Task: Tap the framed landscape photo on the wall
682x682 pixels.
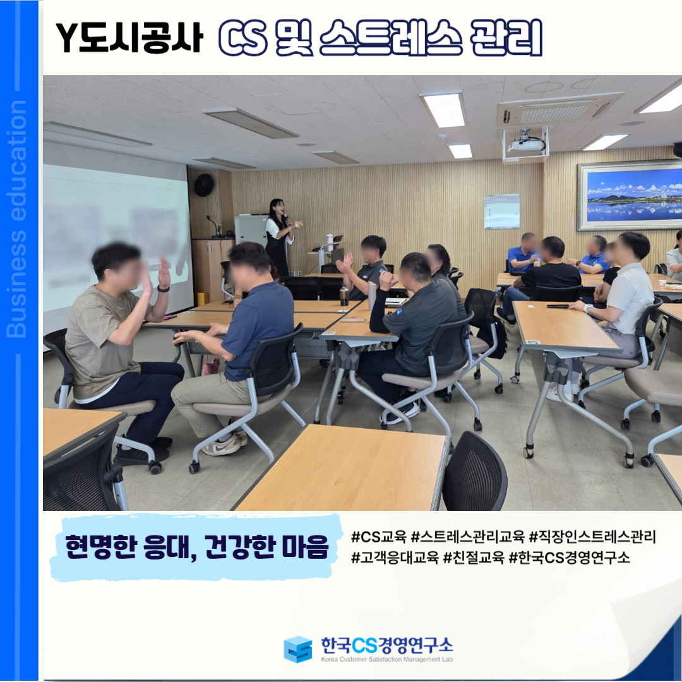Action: (x=630, y=196)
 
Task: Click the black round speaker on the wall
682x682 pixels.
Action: (x=203, y=185)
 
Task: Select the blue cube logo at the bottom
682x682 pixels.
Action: (x=297, y=649)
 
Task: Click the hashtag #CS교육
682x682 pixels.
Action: (x=378, y=537)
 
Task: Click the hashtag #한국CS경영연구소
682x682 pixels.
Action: (x=569, y=557)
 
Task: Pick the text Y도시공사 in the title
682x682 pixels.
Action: (x=129, y=38)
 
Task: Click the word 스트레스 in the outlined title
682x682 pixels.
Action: (x=391, y=38)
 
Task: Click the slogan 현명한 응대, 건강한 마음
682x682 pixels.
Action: (x=196, y=547)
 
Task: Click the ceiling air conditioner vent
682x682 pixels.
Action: (x=559, y=110)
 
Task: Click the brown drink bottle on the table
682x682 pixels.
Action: (x=344, y=296)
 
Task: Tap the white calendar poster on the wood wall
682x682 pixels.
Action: (x=502, y=211)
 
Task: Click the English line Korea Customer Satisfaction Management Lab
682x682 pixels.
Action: (x=386, y=659)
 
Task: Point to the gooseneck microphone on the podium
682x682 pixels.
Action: (x=213, y=226)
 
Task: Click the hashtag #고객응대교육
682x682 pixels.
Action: (x=395, y=557)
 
